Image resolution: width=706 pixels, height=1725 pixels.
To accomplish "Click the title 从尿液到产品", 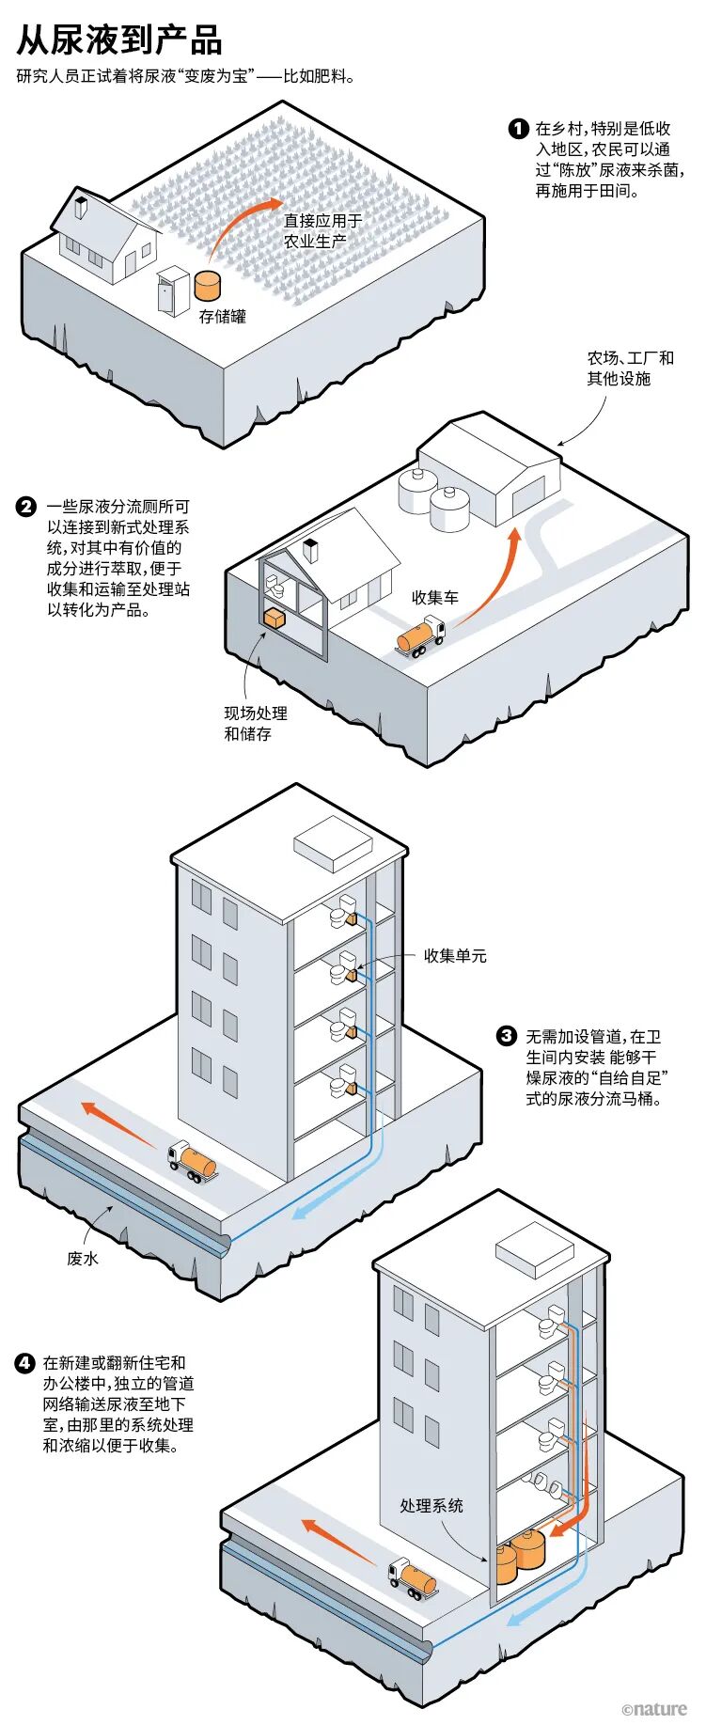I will [x=119, y=40].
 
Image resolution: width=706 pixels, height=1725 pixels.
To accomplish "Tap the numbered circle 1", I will [x=518, y=129].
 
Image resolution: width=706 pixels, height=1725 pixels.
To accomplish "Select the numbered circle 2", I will [x=26, y=508].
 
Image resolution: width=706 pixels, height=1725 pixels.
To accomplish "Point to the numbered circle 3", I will [x=507, y=1036].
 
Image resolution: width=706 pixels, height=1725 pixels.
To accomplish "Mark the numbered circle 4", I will [x=25, y=1362].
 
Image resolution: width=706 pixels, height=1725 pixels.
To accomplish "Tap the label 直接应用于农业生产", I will [x=322, y=230].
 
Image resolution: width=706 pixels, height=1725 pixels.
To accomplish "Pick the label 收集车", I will [x=435, y=597].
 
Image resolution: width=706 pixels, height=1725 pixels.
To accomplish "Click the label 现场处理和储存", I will [x=255, y=723].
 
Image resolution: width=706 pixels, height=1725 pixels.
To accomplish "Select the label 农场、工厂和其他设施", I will [x=631, y=368].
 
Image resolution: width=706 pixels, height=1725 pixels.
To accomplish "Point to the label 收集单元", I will [x=455, y=955].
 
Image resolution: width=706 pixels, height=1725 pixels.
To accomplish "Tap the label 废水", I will [x=83, y=1258].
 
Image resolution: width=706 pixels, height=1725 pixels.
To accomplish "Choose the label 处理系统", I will [x=431, y=1505].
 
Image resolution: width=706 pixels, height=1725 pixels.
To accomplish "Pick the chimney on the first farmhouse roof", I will [x=81, y=204].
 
